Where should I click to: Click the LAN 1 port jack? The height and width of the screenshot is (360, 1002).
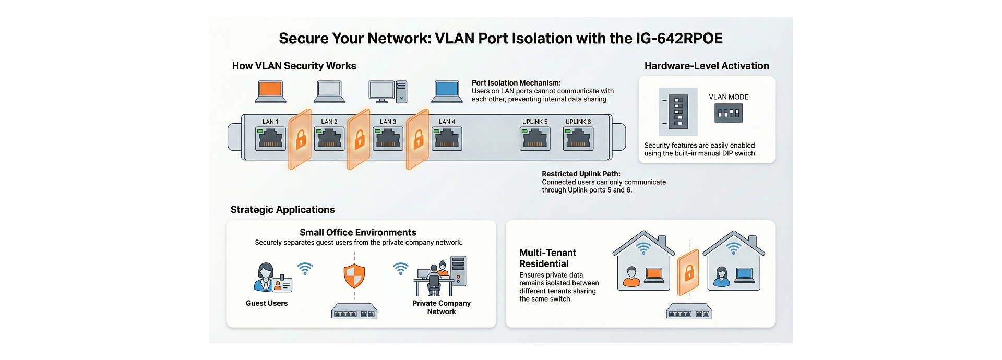click(x=270, y=139)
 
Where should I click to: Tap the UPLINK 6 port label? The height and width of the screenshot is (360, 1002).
click(x=578, y=122)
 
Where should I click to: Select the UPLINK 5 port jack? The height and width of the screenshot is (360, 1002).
click(x=535, y=139)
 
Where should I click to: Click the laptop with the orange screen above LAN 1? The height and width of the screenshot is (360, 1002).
click(x=270, y=91)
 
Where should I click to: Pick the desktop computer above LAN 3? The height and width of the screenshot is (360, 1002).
click(x=387, y=91)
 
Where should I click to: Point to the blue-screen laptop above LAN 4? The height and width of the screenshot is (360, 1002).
click(x=447, y=91)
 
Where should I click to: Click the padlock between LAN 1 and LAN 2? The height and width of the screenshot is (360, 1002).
click(x=301, y=139)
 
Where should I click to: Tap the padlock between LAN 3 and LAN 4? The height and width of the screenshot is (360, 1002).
click(x=418, y=139)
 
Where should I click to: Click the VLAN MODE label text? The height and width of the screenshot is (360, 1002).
click(x=729, y=97)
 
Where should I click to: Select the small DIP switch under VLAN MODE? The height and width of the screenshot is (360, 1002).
click(x=729, y=113)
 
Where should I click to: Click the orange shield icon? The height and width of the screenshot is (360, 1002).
click(x=354, y=275)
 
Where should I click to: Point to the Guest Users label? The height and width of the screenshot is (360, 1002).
click(x=267, y=303)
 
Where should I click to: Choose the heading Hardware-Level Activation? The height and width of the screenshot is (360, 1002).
click(x=707, y=66)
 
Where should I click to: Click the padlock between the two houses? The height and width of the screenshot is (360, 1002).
click(x=689, y=272)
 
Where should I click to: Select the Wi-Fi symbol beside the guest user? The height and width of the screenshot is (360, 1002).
click(x=305, y=268)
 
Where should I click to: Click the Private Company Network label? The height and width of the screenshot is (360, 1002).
click(x=442, y=307)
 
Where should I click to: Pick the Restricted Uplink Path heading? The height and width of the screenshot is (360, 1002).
click(x=581, y=174)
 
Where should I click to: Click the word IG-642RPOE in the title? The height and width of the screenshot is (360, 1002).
click(x=679, y=39)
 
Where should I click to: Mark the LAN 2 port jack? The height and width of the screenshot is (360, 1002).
click(x=329, y=139)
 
